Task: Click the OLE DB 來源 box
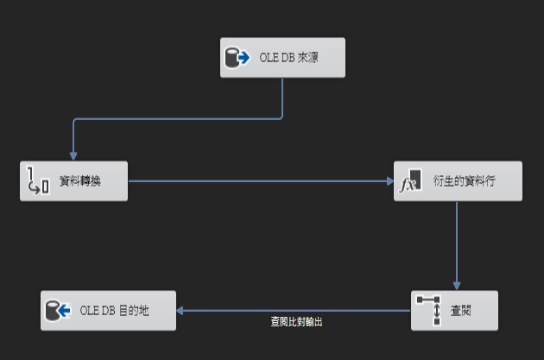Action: pos(282,58)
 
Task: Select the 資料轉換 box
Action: pos(73,181)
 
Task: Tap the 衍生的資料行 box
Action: pos(458,181)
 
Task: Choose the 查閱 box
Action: pos(455,311)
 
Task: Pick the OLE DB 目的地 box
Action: pos(108,311)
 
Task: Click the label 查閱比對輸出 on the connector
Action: pos(296,321)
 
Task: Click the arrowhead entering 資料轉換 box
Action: pos(73,156)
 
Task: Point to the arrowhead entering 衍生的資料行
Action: pos(389,181)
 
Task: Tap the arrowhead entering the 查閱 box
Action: pos(457,287)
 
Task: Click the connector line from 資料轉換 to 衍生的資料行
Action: pos(259,181)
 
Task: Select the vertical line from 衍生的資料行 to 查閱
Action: pos(457,246)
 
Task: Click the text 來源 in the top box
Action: pos(308,59)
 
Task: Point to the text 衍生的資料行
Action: pos(465,182)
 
